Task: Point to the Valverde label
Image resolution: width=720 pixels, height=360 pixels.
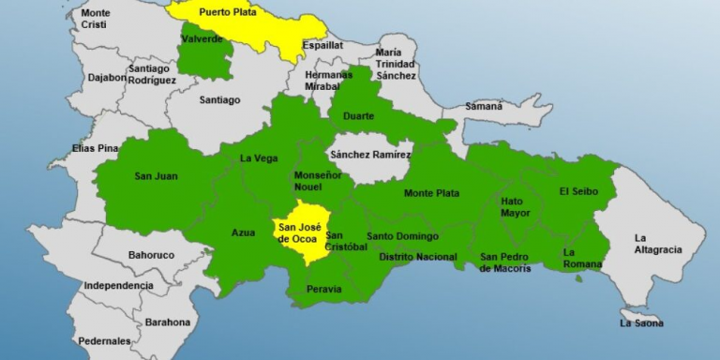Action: [x=202, y=39]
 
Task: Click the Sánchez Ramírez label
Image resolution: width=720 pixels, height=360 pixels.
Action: [x=370, y=154]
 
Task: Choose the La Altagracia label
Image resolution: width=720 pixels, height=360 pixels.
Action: [x=657, y=244]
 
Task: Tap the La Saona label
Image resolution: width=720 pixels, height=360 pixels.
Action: [x=641, y=323]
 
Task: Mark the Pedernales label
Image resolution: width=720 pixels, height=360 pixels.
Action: [x=104, y=341]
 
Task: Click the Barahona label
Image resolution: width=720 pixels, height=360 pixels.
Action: [x=167, y=322]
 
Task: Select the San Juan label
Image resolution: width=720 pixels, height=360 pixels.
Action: [x=156, y=176]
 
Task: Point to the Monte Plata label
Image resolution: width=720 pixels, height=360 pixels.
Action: [x=431, y=193]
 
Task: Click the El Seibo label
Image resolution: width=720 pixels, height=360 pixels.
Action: [x=577, y=191]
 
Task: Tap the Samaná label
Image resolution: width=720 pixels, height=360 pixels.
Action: [x=484, y=107]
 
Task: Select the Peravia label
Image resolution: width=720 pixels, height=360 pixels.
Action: [x=324, y=289]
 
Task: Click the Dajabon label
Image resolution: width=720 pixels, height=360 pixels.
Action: [x=104, y=78]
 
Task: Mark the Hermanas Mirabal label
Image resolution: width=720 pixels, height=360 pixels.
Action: [x=328, y=81]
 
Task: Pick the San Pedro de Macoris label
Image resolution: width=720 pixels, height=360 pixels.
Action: [x=505, y=262]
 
